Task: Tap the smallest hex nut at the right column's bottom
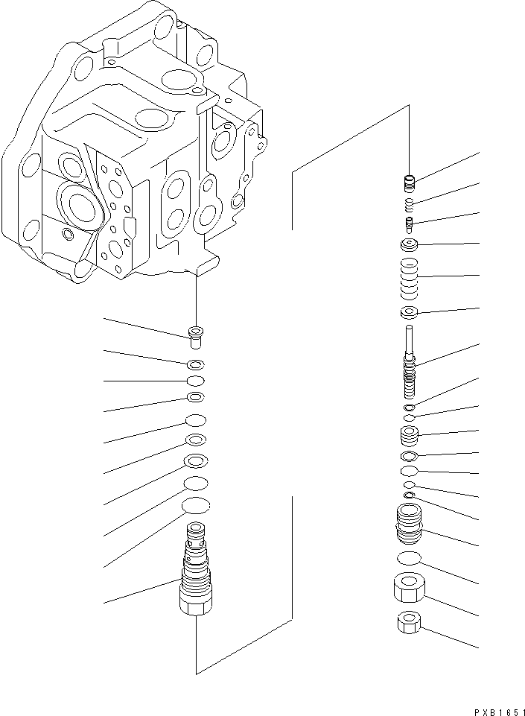point(408,621)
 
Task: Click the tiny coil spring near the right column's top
point(408,203)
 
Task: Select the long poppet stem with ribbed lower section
point(408,358)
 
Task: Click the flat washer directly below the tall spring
point(408,311)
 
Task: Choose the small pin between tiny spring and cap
point(408,223)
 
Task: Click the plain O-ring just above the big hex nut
point(408,559)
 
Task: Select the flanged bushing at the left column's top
point(196,336)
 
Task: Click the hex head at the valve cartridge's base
point(195,602)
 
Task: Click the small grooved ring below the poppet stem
point(408,408)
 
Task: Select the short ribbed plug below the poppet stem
point(408,436)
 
